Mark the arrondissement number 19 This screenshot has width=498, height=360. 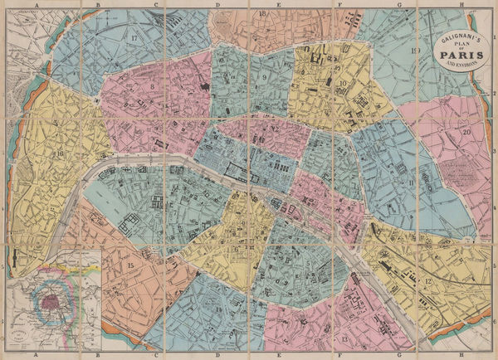pos(414,51)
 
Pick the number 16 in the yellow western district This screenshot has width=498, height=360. pos(60,153)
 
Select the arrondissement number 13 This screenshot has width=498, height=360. pos(344,340)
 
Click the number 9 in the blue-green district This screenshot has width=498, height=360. pos(264,78)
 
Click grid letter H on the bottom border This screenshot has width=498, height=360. pos(484,356)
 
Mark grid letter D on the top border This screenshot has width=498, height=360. pos(217,4)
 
